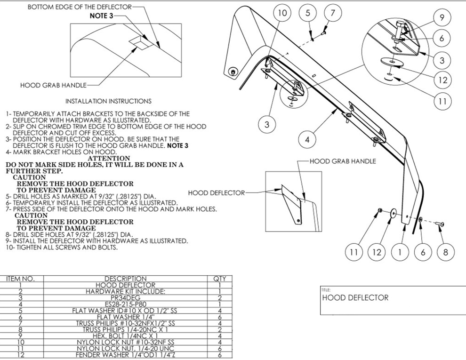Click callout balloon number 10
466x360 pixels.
[282, 13]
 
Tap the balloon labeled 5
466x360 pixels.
[308, 13]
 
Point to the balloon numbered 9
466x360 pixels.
[442, 18]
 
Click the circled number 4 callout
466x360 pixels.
[307, 140]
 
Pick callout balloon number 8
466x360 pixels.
[446, 252]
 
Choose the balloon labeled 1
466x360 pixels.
[400, 252]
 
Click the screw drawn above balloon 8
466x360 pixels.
[442, 224]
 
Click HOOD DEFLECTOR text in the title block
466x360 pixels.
[355, 297]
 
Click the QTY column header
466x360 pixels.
[220, 279]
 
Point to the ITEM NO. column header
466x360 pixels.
[20, 279]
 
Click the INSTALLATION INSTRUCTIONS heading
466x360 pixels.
[108, 101]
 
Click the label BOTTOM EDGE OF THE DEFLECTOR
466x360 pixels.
[80, 8]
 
